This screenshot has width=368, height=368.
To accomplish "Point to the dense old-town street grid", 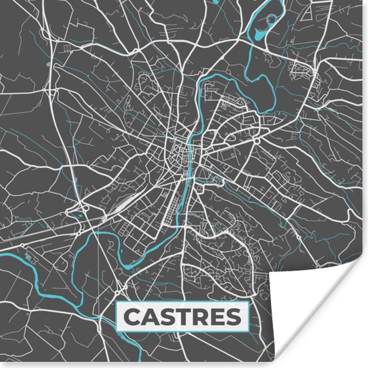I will pyautogui.click(x=178, y=151).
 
